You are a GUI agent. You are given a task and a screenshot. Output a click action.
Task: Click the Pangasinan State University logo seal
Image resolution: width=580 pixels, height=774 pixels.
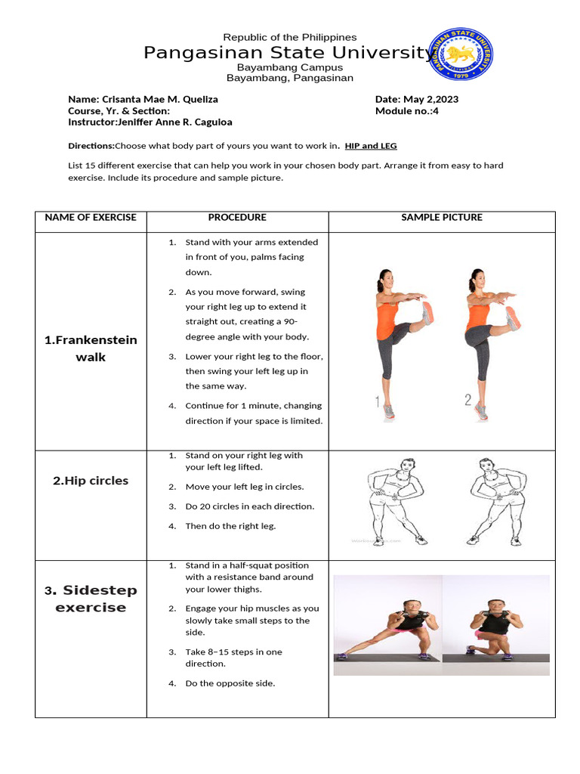462,54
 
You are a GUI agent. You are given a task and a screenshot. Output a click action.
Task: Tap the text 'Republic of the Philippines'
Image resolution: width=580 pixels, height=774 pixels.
290,37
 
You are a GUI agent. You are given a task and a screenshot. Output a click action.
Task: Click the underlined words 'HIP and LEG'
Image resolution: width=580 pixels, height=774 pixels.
370,146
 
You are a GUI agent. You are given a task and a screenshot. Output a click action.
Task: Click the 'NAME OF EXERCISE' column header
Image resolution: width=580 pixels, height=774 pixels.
91,218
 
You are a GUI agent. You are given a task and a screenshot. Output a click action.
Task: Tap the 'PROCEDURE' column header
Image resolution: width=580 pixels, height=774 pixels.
237,218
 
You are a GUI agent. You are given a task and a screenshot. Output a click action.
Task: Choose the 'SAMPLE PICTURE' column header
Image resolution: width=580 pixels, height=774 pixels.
442,218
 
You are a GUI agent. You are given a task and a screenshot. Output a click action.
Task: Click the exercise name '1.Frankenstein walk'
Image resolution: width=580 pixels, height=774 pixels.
91,348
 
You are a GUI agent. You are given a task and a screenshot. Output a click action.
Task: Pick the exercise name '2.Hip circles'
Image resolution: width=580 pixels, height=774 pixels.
91,481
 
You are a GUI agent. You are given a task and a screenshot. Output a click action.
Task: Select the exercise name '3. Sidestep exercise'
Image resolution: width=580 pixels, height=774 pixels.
91,599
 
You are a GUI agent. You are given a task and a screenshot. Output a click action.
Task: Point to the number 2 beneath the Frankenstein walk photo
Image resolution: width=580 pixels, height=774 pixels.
467,401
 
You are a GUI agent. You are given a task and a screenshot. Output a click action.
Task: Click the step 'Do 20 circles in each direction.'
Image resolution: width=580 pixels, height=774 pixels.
250,506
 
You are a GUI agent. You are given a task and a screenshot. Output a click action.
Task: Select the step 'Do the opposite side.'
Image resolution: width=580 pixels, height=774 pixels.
230,683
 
